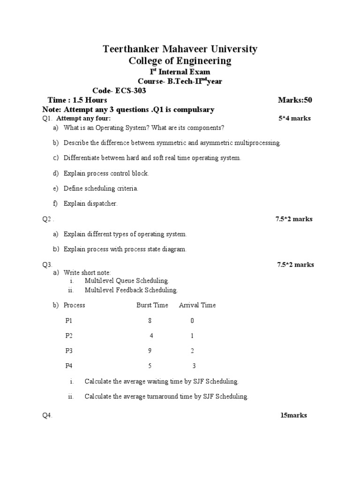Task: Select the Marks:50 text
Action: pyautogui.click(x=295, y=100)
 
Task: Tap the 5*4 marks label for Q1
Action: pyautogui.click(x=294, y=118)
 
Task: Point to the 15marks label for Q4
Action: pyautogui.click(x=293, y=415)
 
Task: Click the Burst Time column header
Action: pyautogui.click(x=152, y=305)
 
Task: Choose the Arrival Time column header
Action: pyautogui.click(x=197, y=305)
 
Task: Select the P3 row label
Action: pyautogui.click(x=69, y=351)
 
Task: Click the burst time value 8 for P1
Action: pyautogui.click(x=150, y=321)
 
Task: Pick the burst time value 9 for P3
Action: pyautogui.click(x=150, y=351)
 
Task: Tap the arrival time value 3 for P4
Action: pyautogui.click(x=194, y=366)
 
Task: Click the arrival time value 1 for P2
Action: pyautogui.click(x=192, y=336)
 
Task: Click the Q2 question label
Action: pyautogui.click(x=47, y=219)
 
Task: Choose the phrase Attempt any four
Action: pyautogui.click(x=83, y=118)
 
